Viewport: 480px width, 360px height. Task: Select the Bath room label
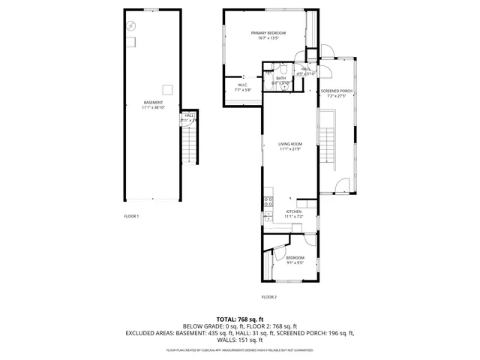280,78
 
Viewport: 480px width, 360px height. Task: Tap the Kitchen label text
293,211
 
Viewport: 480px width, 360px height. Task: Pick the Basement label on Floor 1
152,103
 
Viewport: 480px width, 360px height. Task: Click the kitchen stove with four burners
268,201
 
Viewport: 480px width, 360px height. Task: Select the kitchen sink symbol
268,215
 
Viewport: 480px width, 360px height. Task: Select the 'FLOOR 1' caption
131,216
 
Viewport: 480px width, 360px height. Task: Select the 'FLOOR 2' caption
268,298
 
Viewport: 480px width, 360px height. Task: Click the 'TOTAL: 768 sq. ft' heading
239,318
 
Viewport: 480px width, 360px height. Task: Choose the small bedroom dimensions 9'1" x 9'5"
295,262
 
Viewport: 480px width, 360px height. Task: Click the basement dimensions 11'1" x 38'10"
152,108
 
